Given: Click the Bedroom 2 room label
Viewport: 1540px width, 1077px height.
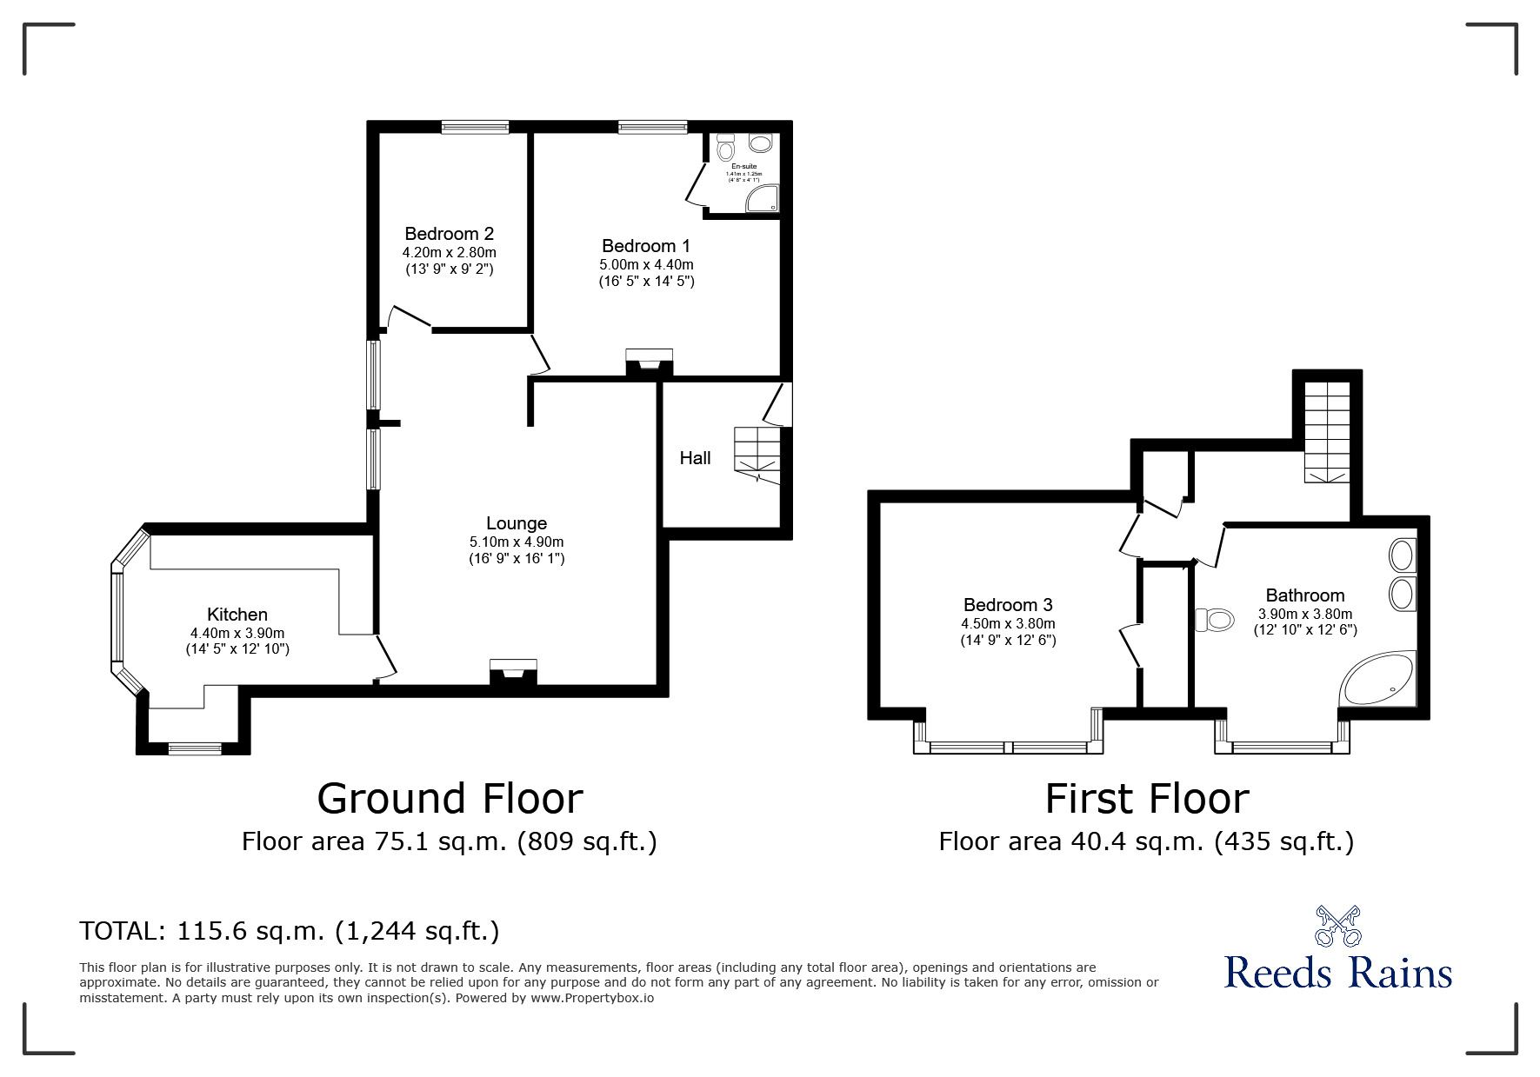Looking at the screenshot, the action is click(450, 234).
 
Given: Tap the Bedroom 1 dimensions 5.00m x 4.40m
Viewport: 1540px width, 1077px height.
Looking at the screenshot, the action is click(646, 264).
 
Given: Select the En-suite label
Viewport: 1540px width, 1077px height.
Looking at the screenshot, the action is click(743, 166).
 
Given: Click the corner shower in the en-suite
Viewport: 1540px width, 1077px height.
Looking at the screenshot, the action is click(763, 198).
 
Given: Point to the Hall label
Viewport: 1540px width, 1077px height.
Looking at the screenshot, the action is click(695, 458).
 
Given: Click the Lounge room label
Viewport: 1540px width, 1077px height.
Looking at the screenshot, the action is click(517, 523).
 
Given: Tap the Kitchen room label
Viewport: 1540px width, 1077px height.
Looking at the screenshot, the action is click(237, 615).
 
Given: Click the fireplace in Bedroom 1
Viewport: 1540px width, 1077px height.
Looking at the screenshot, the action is click(650, 362).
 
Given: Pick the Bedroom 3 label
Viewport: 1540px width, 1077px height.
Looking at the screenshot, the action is click(1008, 605).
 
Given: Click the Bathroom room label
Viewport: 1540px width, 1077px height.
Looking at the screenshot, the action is click(1305, 595).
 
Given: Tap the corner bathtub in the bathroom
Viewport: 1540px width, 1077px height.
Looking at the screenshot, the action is click(1378, 680).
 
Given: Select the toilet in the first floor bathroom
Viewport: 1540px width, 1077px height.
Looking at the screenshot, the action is click(1215, 620).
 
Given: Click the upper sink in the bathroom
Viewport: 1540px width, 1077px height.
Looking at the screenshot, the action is click(1403, 555).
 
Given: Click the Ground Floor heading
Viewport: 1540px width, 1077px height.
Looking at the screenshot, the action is click(450, 798).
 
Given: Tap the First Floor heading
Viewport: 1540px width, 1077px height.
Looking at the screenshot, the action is click(1147, 798).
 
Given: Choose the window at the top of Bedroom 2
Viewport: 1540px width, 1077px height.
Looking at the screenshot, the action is click(475, 127).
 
